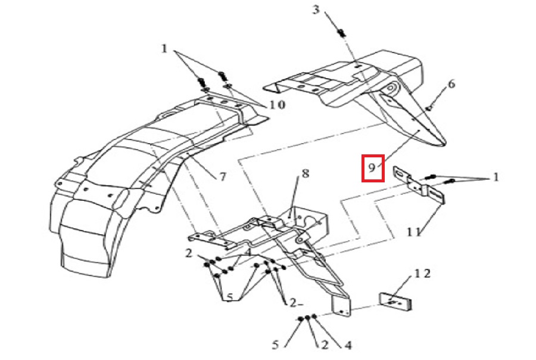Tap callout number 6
[x=451, y=84]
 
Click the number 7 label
[x=222, y=177]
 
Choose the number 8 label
[x=306, y=174]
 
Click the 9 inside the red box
[x=372, y=169]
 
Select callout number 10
[x=276, y=105]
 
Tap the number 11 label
[x=416, y=231]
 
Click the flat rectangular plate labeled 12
[x=395, y=301]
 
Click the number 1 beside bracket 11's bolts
[x=496, y=177]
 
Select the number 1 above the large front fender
[x=165, y=48]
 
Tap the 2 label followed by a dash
[x=294, y=303]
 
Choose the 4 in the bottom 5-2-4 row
[x=348, y=345]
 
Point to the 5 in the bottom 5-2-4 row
[x=276, y=345]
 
